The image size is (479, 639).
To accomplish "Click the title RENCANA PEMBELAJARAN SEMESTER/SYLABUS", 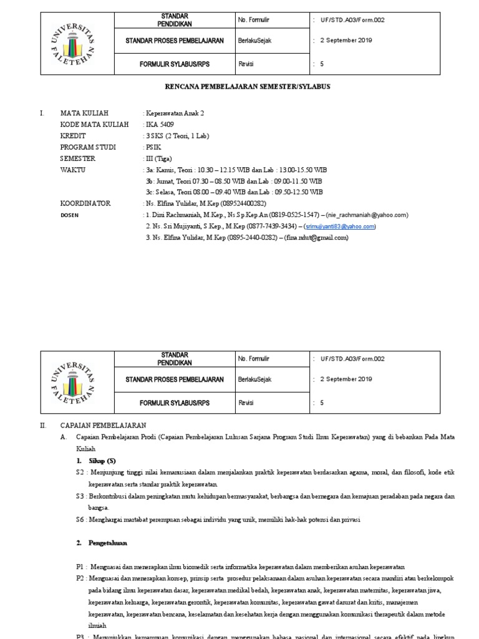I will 239,87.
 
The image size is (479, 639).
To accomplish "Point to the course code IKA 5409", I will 160,125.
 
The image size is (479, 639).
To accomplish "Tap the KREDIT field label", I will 73,136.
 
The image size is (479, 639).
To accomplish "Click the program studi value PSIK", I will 153,147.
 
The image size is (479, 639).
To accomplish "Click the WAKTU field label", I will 73,170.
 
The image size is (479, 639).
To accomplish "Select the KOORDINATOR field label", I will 85,203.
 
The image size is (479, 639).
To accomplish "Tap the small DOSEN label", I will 69,215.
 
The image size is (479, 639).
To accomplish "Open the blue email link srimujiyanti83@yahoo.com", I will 340,227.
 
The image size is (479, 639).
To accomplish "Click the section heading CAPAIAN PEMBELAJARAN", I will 103,424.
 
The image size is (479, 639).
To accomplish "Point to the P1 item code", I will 80,567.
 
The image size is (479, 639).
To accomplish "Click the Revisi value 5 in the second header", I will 322,403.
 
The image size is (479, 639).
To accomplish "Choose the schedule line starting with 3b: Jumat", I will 234,181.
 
